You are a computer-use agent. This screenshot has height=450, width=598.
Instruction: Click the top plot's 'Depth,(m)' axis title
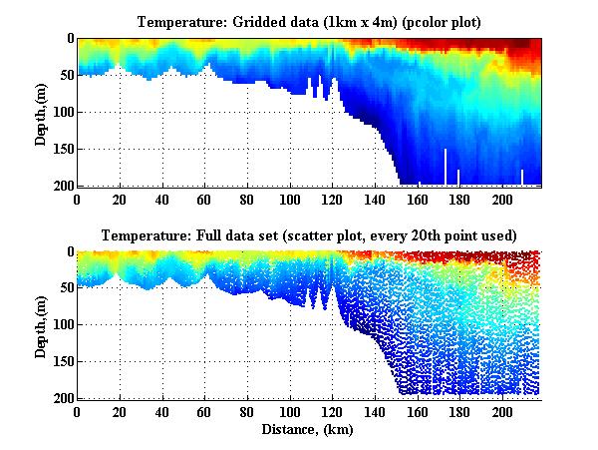click(x=40, y=112)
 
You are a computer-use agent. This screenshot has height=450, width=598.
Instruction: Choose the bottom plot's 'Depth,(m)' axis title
click(x=40, y=325)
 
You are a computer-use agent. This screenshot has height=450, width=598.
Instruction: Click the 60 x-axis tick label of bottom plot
click(x=205, y=412)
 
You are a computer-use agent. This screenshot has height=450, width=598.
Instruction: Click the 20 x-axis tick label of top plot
click(x=120, y=199)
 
